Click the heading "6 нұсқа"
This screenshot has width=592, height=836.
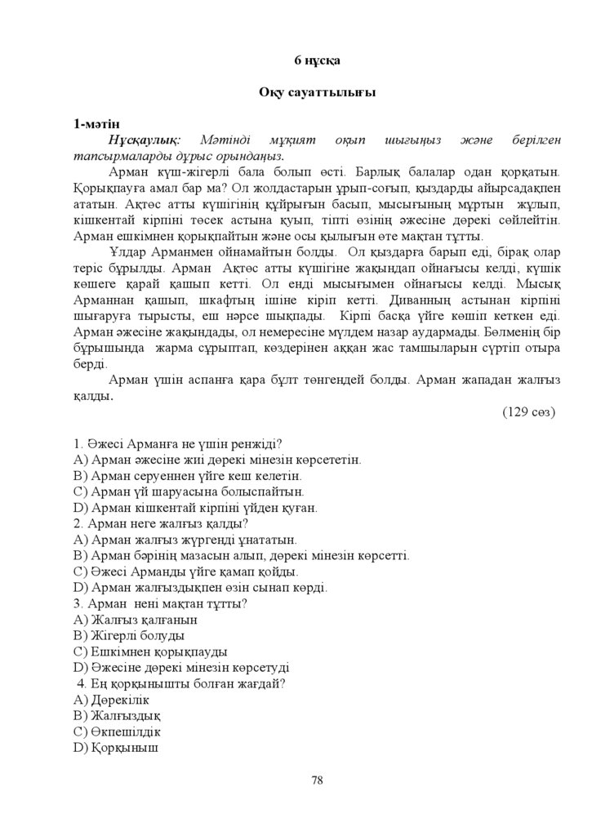(317, 60)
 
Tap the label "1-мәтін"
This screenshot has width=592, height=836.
(97, 125)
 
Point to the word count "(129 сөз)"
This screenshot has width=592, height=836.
(528, 412)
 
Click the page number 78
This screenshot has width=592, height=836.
(317, 780)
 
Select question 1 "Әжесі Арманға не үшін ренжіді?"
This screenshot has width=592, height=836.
(178, 444)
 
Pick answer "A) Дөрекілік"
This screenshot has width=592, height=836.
(111, 700)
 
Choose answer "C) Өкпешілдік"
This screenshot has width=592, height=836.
(117, 731)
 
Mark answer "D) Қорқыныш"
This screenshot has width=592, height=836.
(115, 747)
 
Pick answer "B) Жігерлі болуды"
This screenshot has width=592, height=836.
(128, 635)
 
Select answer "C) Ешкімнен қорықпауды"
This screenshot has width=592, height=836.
(150, 651)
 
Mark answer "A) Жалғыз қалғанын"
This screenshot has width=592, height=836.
(135, 620)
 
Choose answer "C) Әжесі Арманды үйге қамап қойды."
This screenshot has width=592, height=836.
(185, 571)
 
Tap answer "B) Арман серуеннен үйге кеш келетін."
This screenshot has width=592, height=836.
(188, 476)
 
